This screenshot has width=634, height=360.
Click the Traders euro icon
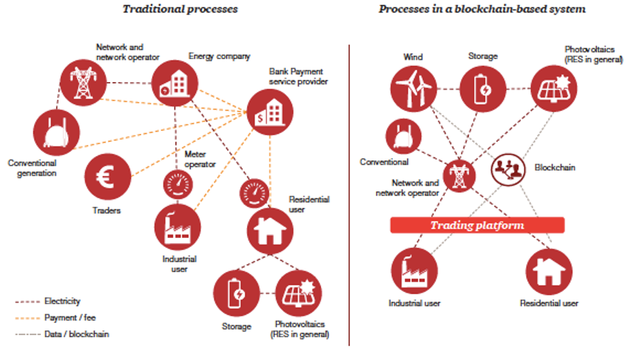click(x=107, y=177)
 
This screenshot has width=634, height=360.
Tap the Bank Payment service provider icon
click(x=270, y=112)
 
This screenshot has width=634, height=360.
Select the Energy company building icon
click(x=175, y=84)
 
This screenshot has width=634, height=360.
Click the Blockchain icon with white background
click(x=508, y=169)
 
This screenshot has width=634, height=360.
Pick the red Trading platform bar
click(x=477, y=225)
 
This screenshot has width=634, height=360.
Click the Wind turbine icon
click(x=414, y=89)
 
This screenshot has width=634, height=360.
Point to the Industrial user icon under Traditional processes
click(x=178, y=227)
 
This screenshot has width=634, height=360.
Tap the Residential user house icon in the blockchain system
click(x=549, y=271)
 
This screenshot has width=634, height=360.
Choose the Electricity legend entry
click(x=47, y=301)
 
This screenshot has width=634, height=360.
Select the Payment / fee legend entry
click(x=55, y=318)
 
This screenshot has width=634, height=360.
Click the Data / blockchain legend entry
click(x=62, y=334)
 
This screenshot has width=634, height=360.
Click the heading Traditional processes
click(x=181, y=9)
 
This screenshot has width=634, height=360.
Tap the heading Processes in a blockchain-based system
click(x=482, y=9)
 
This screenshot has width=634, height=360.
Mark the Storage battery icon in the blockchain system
click(x=483, y=89)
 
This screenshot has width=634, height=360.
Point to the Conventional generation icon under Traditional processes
click(x=57, y=132)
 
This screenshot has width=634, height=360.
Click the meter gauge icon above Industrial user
click(x=178, y=184)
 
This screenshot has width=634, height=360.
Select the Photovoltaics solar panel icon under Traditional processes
click(x=299, y=293)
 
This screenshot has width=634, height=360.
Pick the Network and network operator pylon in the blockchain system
click(x=459, y=176)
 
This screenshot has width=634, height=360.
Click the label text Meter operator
click(x=200, y=159)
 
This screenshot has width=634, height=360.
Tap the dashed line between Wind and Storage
click(x=448, y=89)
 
